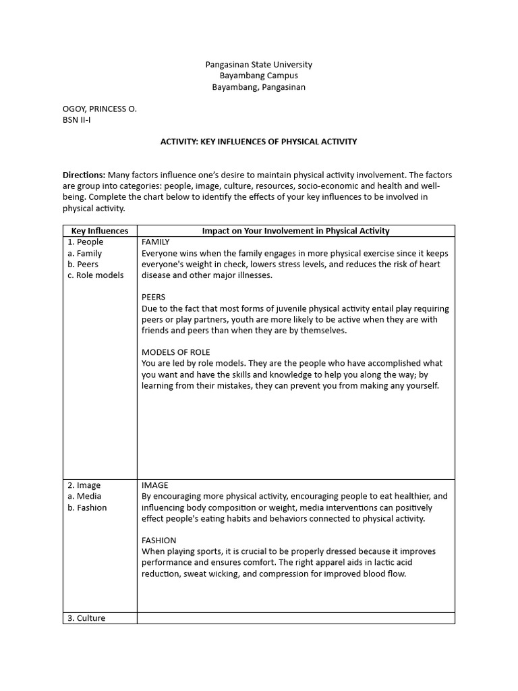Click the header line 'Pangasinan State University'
[x=258, y=65]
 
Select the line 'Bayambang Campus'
[x=258, y=76]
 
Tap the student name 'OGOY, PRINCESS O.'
[x=99, y=109]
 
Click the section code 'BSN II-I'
[x=76, y=119]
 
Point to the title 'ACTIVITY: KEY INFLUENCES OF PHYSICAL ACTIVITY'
[x=258, y=142]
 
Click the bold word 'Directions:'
[x=84, y=175]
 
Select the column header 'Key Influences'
[x=100, y=231]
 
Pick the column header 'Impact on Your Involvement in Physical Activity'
[x=295, y=231]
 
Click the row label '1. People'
[x=85, y=242]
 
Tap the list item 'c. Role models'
[x=95, y=275]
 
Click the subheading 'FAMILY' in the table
[x=155, y=242]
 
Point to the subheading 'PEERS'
[x=153, y=297]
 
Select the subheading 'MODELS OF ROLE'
[x=175, y=352]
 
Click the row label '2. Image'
[x=84, y=485]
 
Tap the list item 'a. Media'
[x=84, y=496]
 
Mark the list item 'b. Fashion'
[x=87, y=507]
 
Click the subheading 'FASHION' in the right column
[x=159, y=541]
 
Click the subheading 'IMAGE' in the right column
[x=154, y=485]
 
